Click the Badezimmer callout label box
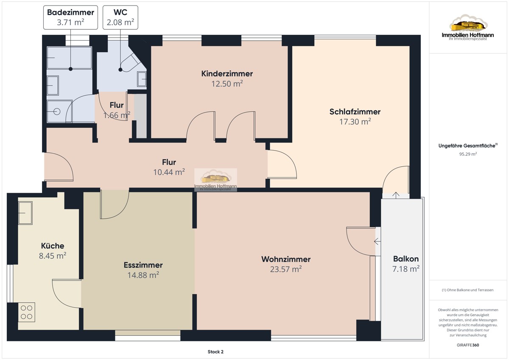[70, 17]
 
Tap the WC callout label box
[120, 17]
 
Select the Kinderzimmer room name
[227, 74]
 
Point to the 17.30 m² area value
[355, 122]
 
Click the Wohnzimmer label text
[286, 259]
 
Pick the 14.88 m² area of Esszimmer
[143, 275]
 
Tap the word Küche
[53, 246]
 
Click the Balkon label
[406, 259]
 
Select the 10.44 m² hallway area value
[169, 172]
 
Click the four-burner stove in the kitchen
[27, 312]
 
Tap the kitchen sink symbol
[25, 213]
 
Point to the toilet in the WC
[131, 63]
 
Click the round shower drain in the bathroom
[56, 111]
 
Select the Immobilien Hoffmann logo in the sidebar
[467, 28]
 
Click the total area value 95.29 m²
[468, 154]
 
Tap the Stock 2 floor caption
[215, 352]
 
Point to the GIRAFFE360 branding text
[468, 345]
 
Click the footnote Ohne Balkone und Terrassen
[467, 290]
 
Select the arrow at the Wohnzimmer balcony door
[377, 241]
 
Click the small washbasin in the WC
[142, 79]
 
